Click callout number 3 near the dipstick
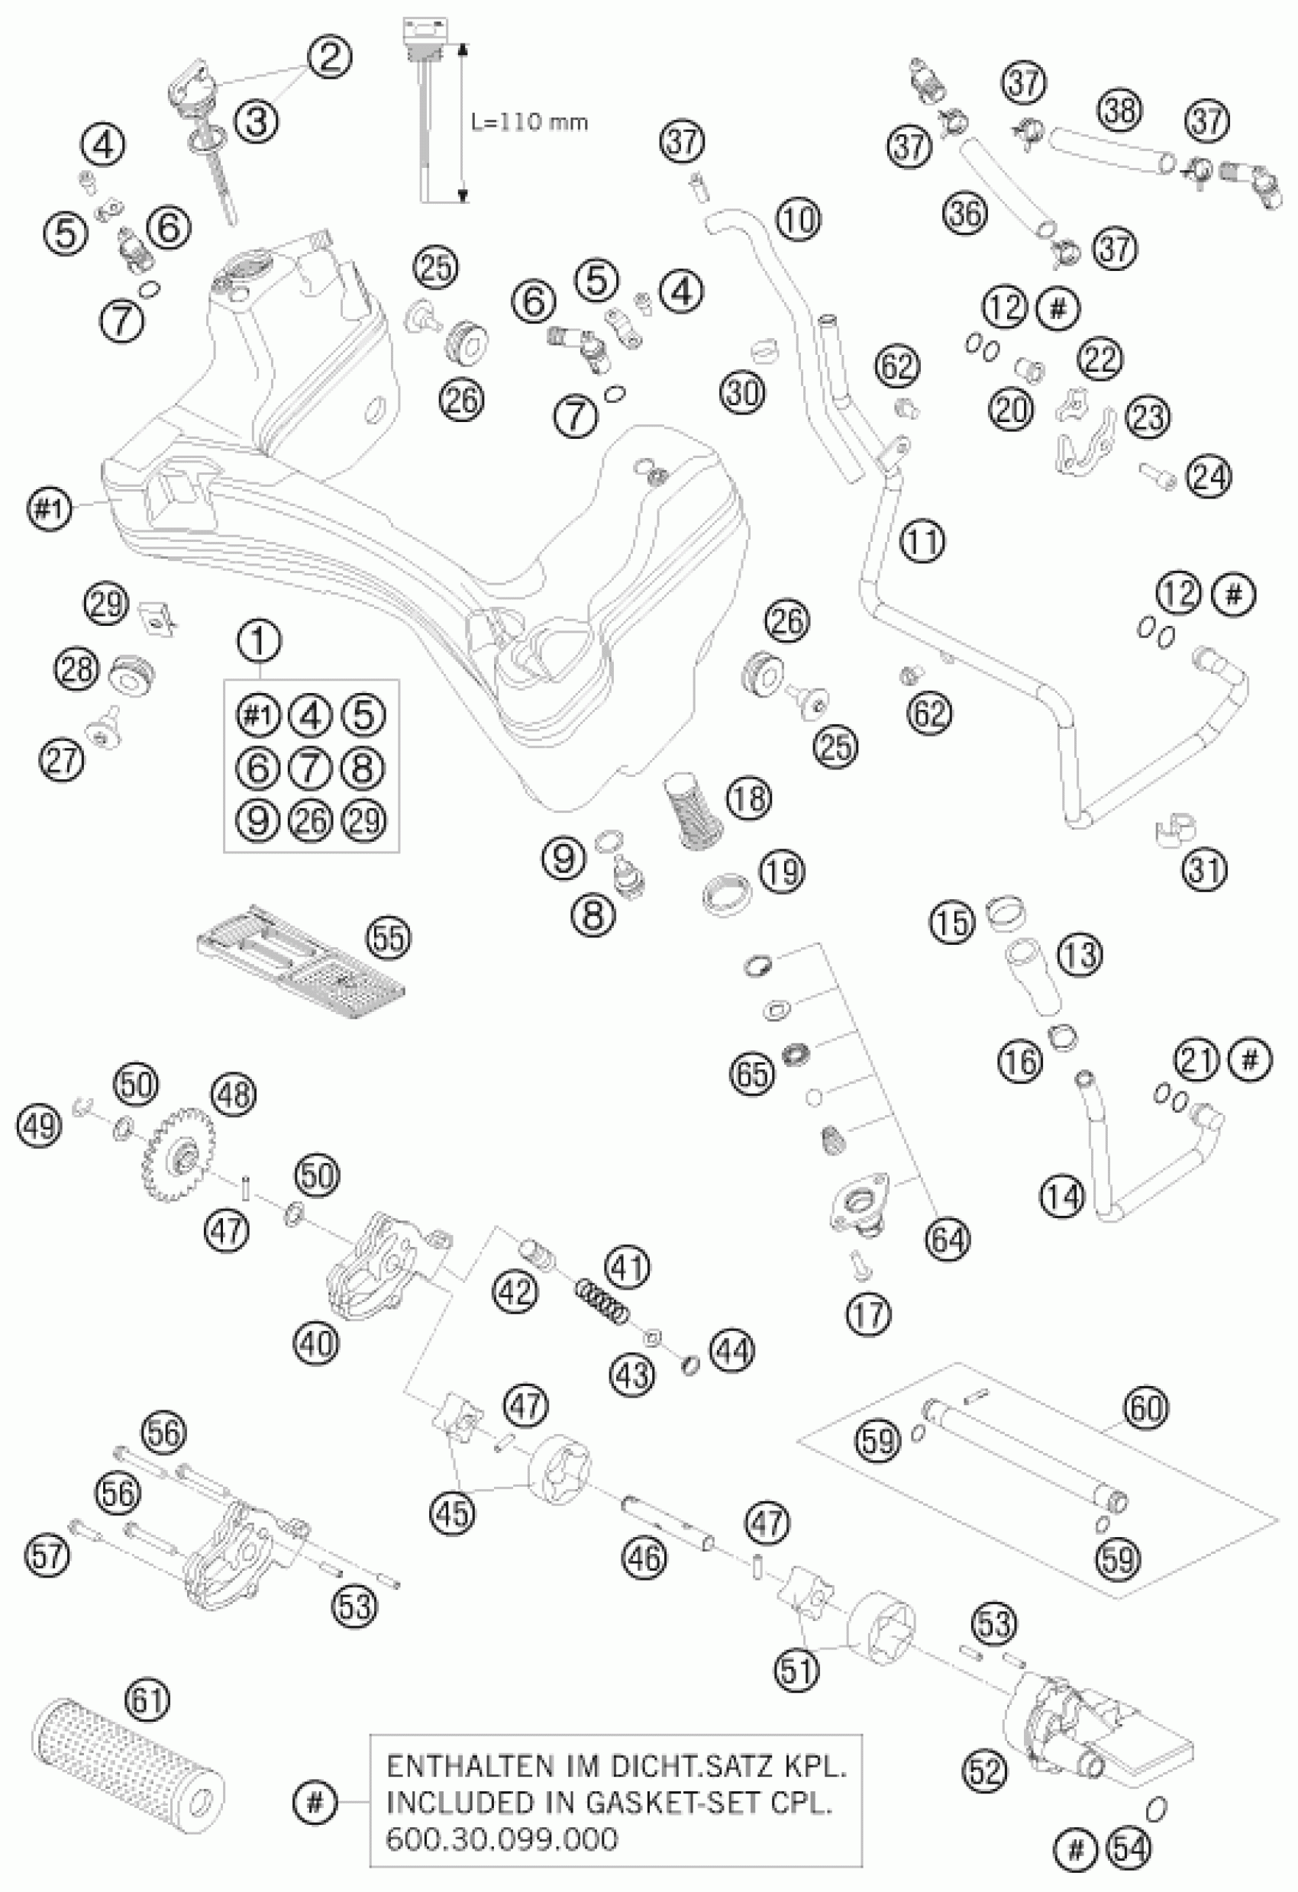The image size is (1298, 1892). pyautogui.click(x=257, y=122)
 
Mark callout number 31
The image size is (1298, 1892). pyautogui.click(x=1205, y=870)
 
